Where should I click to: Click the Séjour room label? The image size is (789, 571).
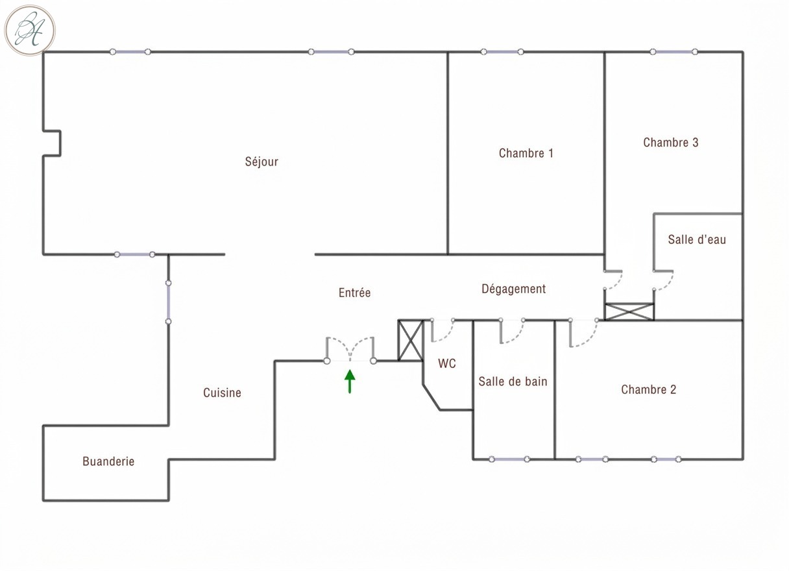point(261,162)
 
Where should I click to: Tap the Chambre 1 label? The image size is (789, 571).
point(526,153)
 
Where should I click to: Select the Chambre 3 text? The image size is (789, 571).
point(671,143)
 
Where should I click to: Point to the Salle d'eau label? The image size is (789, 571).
point(697,239)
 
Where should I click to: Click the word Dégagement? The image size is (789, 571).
point(513,289)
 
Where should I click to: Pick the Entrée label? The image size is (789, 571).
point(354,293)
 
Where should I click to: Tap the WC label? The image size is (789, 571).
point(447,363)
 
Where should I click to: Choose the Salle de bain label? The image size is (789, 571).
point(513,381)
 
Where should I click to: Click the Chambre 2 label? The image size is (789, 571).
point(648,389)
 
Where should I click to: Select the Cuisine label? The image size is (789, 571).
point(222,393)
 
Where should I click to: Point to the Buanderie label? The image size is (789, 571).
point(108,461)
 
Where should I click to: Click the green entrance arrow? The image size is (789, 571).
point(350,381)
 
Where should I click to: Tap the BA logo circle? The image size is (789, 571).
point(30,30)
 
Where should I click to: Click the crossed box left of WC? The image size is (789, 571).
point(411,340)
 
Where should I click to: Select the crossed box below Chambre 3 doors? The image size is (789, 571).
point(629,311)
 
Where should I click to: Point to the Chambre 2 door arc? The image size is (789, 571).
point(589,339)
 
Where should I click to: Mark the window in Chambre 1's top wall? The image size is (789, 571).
point(502,52)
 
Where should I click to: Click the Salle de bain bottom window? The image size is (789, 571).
point(509,459)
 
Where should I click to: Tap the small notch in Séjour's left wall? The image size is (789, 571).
point(60,143)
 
